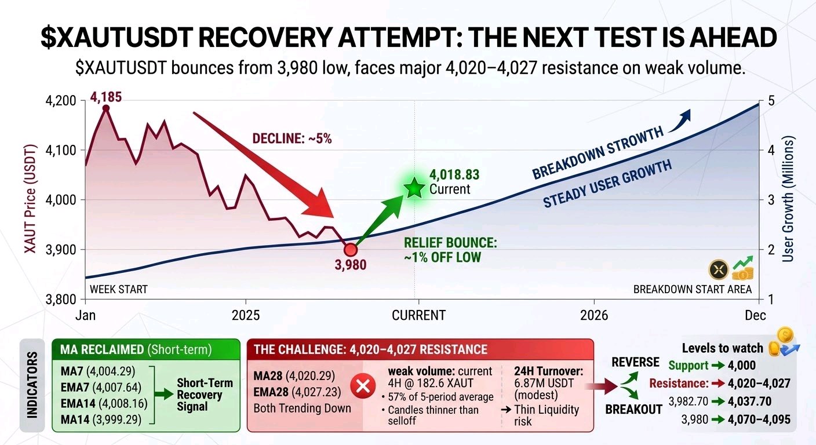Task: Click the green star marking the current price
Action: coord(414,188)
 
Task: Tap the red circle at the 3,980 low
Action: coord(351,250)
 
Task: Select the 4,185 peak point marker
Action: coord(106,108)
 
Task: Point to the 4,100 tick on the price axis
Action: coord(61,150)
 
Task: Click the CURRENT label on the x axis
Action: coord(418,315)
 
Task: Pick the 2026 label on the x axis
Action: coord(594,315)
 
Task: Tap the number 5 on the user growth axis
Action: coord(771,100)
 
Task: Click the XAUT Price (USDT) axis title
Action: coord(30,199)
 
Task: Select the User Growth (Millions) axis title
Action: coord(788,199)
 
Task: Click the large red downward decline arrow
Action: coord(263,165)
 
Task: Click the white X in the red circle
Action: coord(363,386)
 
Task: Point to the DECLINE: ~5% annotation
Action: coord(292,138)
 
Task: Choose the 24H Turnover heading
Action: coord(549,371)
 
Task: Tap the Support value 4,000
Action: coord(742,365)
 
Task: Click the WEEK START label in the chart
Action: coord(119,289)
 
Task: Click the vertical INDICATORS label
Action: coord(32,385)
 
